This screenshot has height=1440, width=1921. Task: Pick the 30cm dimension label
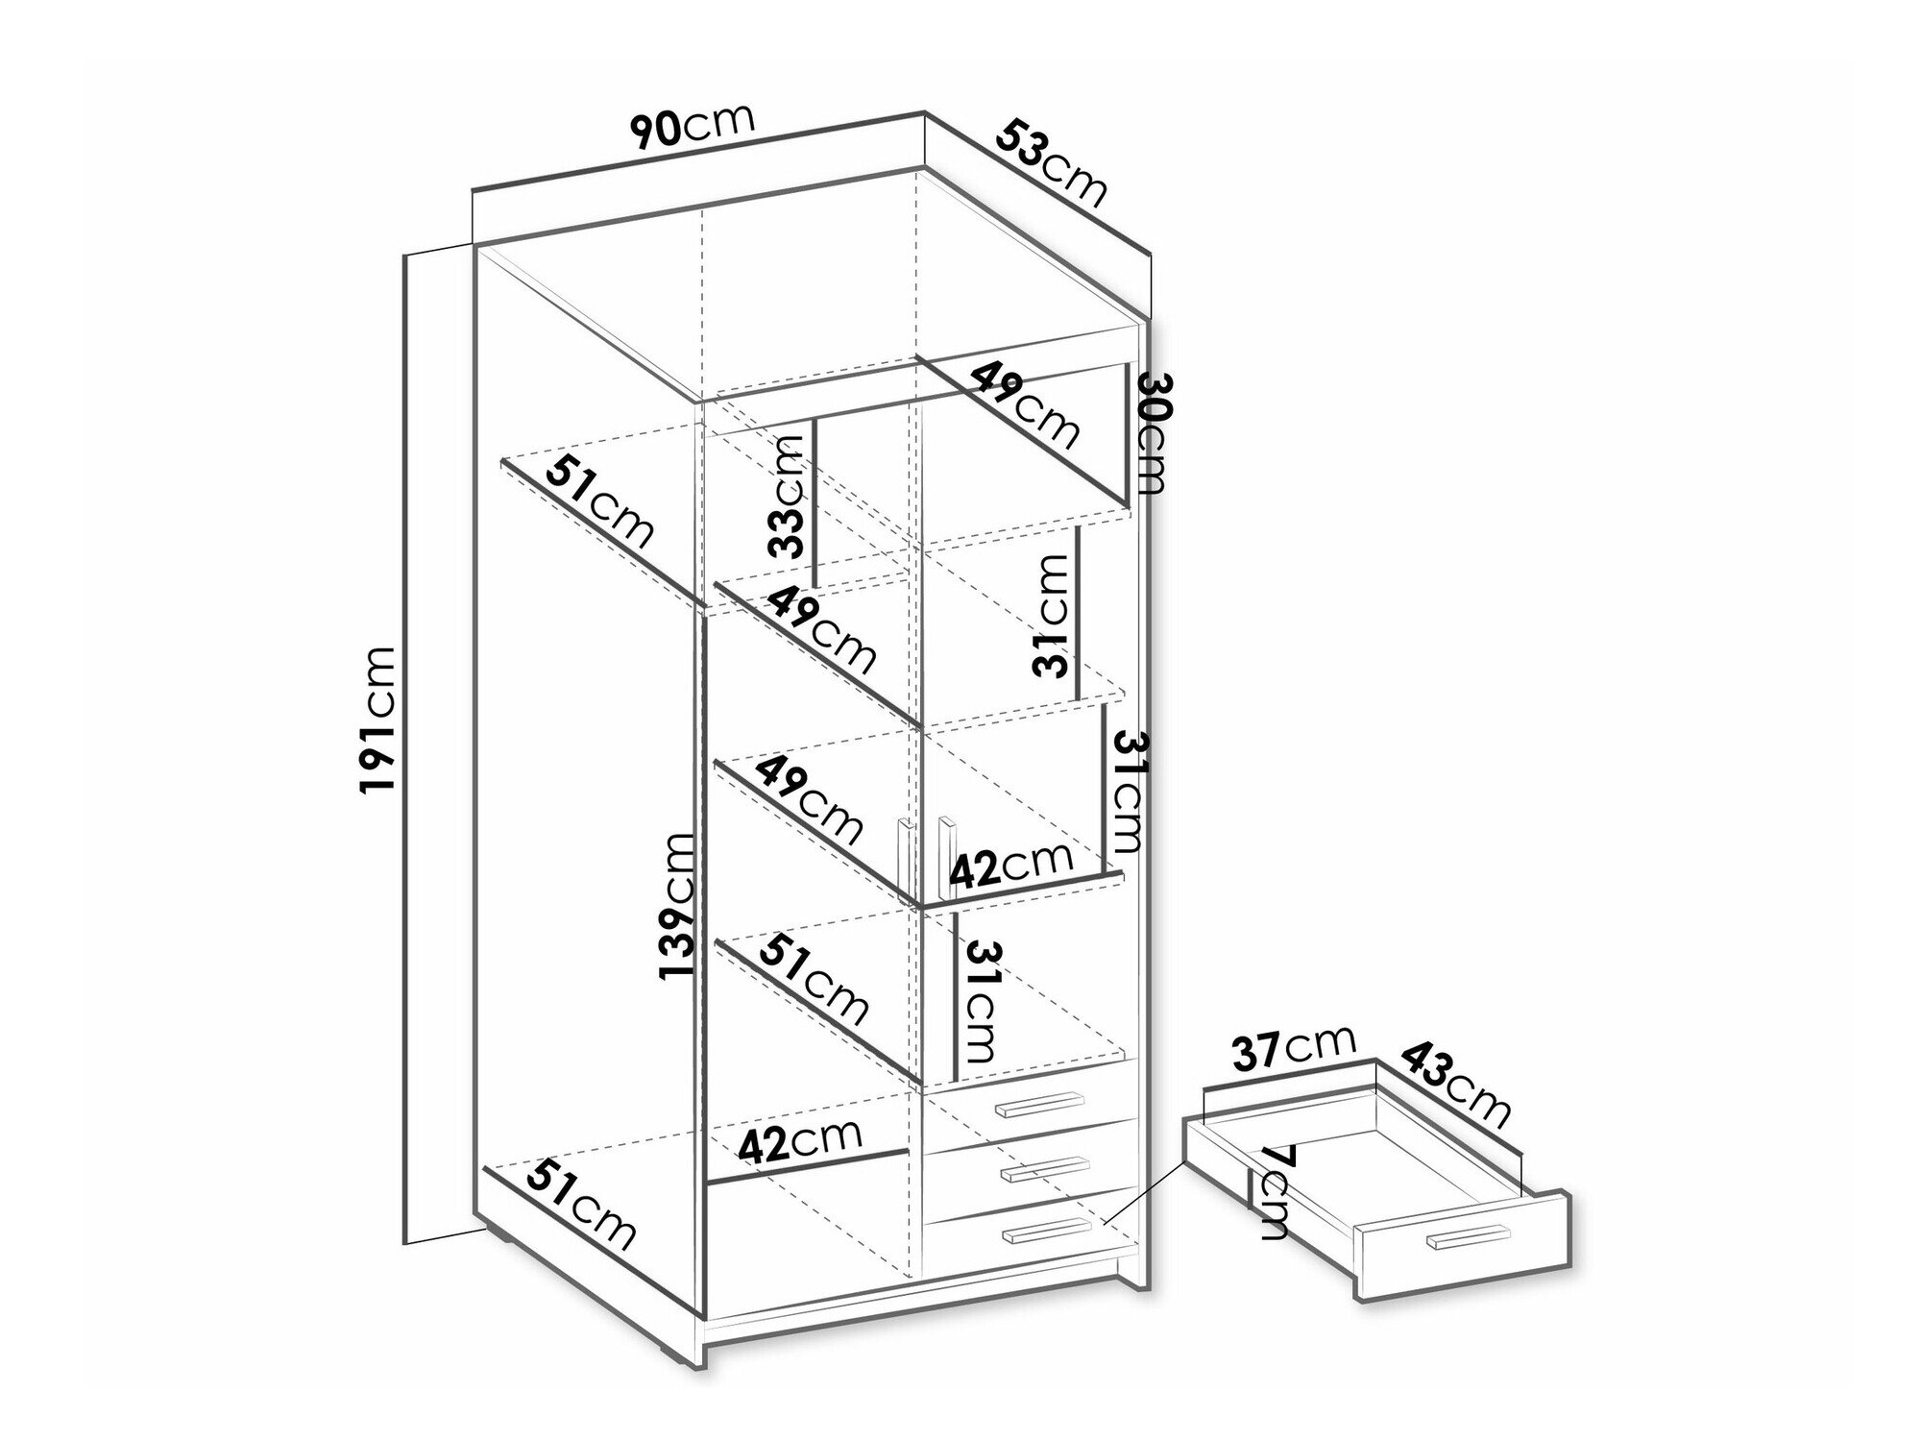(x=1152, y=433)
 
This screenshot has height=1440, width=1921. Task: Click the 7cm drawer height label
(x=1274, y=1190)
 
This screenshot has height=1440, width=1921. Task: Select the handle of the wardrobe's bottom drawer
(x=1046, y=1232)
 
